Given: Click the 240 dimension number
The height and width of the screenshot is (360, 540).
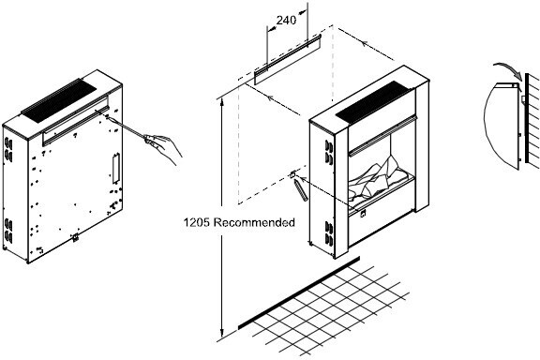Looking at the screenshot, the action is [286, 21].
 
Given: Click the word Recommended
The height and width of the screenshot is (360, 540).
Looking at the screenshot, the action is [254, 222].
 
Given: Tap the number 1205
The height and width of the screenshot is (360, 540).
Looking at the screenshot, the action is [196, 222].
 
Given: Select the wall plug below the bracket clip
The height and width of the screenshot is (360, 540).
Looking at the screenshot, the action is [301, 191].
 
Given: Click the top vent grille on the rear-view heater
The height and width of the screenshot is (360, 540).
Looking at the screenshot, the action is [59, 100].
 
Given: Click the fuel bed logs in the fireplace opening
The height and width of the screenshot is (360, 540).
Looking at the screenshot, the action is [378, 183].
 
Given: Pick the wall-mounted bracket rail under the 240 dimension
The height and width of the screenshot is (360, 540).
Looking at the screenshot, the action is [288, 59].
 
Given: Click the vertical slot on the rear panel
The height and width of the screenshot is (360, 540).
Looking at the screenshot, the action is [115, 169].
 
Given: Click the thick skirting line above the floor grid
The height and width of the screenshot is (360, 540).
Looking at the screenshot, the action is [299, 292].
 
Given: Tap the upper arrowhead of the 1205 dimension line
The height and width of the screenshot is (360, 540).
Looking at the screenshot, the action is [222, 102].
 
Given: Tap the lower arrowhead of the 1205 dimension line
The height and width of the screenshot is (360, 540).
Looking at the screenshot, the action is [222, 333].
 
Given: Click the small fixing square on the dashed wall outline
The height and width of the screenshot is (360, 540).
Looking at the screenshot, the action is [292, 175].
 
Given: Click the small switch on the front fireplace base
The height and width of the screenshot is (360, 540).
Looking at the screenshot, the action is [364, 214].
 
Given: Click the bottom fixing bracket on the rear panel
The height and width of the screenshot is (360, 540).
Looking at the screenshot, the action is [75, 237].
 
